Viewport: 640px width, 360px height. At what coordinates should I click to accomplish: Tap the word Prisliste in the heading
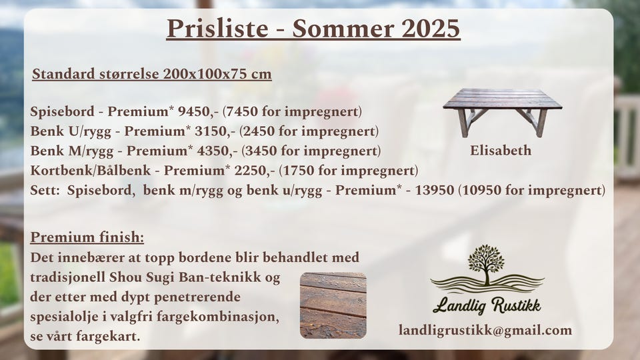click(x=217, y=29)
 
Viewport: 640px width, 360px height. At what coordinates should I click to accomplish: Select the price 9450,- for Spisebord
click(x=199, y=111)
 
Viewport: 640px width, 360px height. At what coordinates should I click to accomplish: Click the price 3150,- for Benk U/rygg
click(x=215, y=131)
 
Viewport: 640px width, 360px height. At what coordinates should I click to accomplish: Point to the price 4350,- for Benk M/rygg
click(x=217, y=151)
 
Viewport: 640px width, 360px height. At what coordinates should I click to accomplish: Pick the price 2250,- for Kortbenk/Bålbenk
click(x=255, y=170)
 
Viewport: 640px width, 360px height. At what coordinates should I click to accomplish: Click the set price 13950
click(x=434, y=190)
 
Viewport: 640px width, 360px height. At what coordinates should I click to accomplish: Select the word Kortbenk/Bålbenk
click(x=91, y=170)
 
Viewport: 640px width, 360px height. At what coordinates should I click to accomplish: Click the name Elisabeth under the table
click(x=501, y=150)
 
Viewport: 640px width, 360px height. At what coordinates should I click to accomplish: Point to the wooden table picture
click(x=503, y=112)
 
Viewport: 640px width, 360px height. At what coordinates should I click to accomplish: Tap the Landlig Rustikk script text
click(x=487, y=305)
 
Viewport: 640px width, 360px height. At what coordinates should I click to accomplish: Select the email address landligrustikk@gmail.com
click(x=485, y=330)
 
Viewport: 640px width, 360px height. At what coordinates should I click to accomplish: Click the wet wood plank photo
click(x=333, y=306)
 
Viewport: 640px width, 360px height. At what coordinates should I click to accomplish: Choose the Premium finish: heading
click(x=87, y=237)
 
